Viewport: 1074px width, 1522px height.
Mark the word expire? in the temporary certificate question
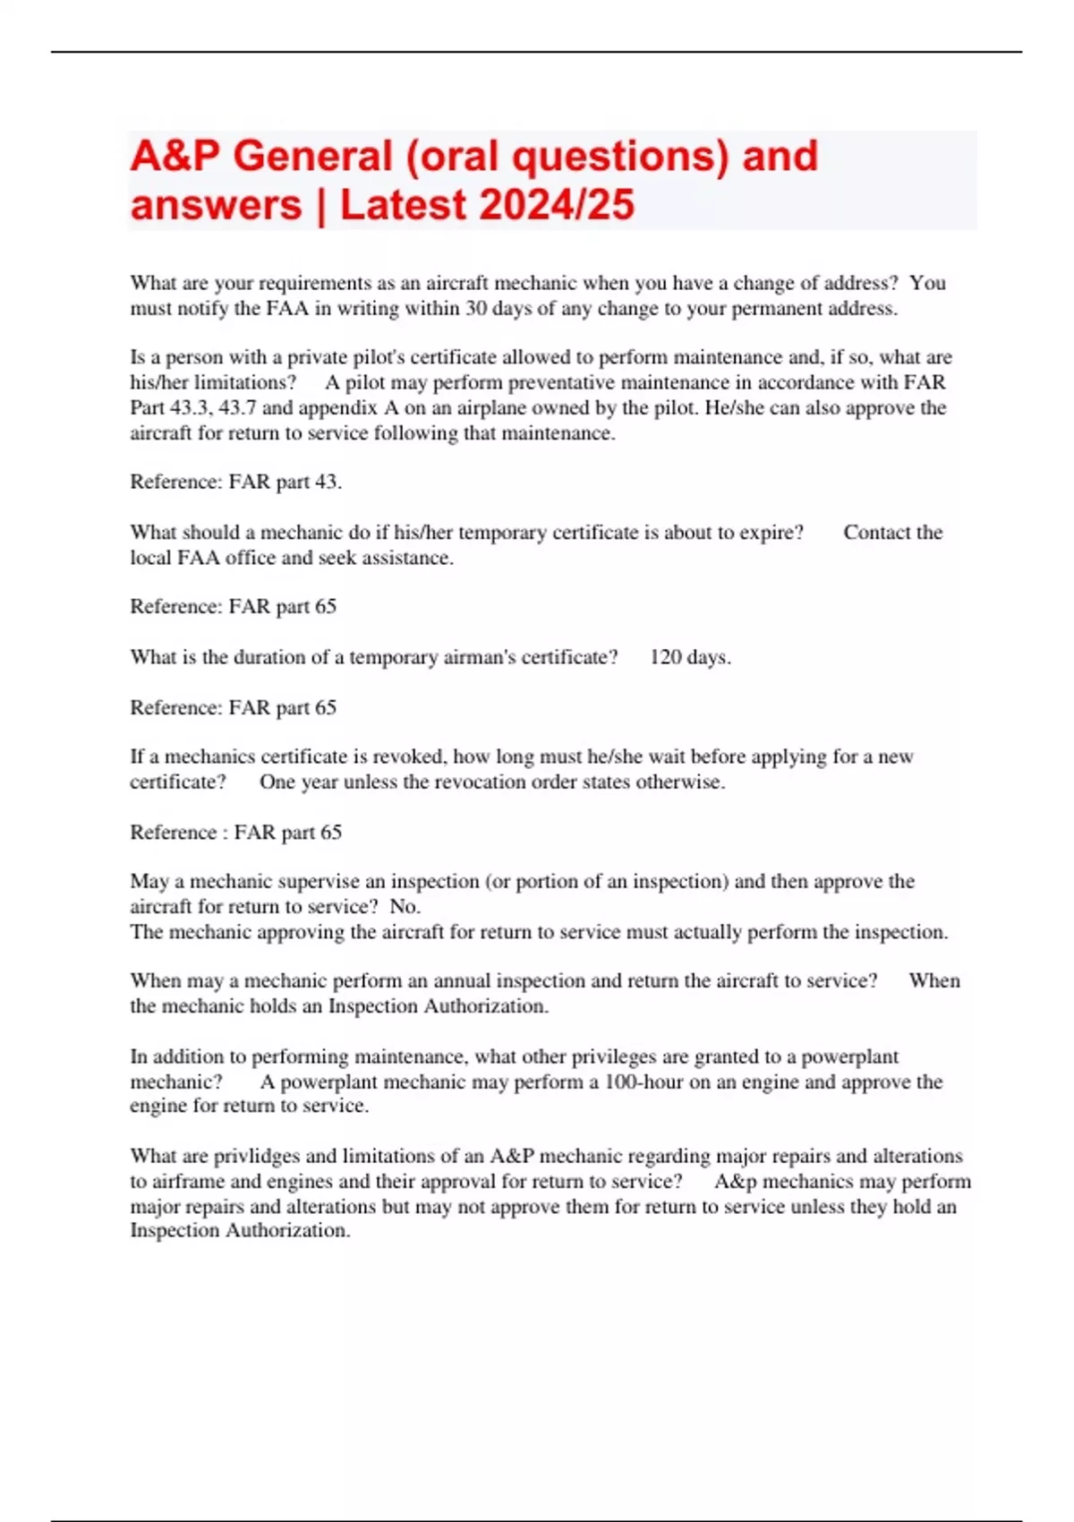coord(771,532)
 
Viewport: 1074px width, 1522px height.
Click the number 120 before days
coord(666,657)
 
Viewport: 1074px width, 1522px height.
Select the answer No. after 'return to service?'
coord(405,906)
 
